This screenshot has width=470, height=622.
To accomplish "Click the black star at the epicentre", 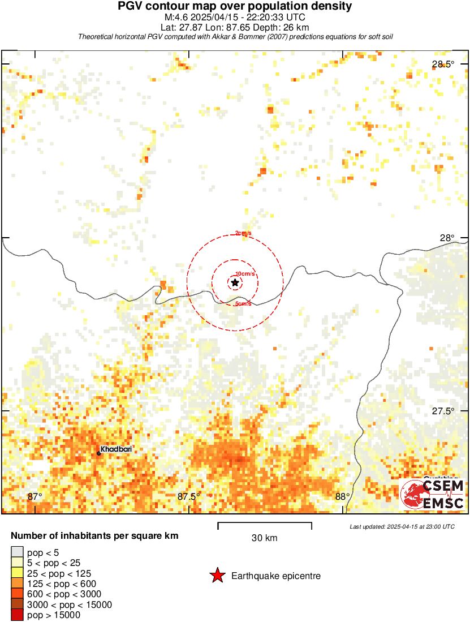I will pyautogui.click(x=235, y=282).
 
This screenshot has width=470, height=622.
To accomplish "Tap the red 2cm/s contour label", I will pyautogui.click(x=244, y=233).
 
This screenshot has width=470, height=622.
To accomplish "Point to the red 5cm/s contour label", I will pyautogui.click(x=243, y=304).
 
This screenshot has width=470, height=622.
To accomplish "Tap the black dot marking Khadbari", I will pyautogui.click(x=98, y=453).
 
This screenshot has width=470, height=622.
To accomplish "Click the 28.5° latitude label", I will pyautogui.click(x=442, y=65).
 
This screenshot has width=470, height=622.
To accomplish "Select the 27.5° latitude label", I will pyautogui.click(x=442, y=411).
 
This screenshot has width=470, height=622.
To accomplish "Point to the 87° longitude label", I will pyautogui.click(x=35, y=497).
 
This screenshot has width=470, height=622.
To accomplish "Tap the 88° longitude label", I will pyautogui.click(x=342, y=497).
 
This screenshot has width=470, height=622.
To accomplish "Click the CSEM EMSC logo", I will pyautogui.click(x=433, y=494).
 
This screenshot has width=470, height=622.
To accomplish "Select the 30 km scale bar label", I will pyautogui.click(x=264, y=538).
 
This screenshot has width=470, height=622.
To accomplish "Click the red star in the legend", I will pyautogui.click(x=217, y=576).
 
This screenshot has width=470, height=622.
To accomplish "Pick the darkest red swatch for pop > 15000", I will pyautogui.click(x=16, y=615).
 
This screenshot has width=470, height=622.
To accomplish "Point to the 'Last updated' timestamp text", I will pyautogui.click(x=402, y=526).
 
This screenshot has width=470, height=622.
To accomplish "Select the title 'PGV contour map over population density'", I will pyautogui.click(x=235, y=6).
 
